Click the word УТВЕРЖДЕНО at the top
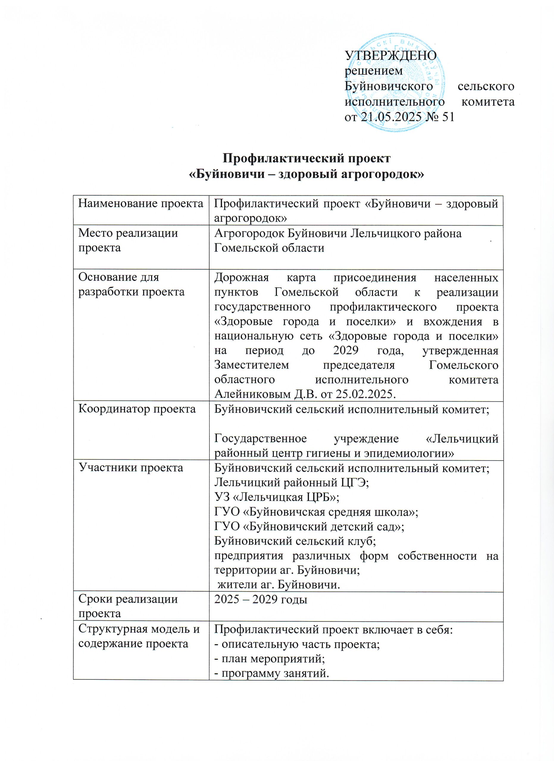[391, 55]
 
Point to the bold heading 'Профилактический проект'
[307, 158]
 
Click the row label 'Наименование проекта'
[141, 204]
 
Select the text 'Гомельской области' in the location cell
[269, 248]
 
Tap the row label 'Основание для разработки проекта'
[131, 284]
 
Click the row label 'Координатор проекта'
[137, 409]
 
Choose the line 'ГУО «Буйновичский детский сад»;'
[309, 526]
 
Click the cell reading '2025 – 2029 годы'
[261, 600]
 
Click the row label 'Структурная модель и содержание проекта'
[139, 636]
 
